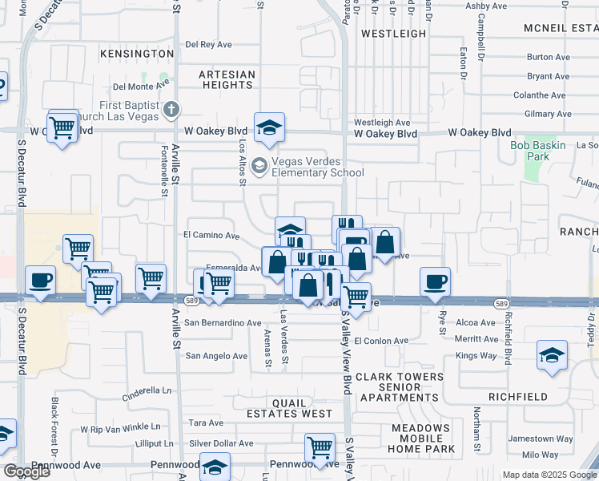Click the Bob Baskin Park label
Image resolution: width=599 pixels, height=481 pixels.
click(538, 151)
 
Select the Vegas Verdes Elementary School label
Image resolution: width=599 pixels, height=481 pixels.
click(318, 166)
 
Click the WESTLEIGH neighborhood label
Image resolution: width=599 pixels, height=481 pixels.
click(393, 34)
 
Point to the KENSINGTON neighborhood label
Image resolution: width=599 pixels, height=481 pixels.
click(137, 54)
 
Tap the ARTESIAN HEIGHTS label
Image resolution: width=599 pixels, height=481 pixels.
click(227, 79)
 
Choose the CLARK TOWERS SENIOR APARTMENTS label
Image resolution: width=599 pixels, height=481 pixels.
click(400, 386)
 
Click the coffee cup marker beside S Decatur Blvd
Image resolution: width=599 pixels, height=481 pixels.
click(40, 280)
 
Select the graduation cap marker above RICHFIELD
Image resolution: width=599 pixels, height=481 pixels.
click(552, 354)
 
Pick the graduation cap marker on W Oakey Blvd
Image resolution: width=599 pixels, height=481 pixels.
click(270, 127)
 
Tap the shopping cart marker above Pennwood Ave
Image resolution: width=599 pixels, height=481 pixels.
click(320, 447)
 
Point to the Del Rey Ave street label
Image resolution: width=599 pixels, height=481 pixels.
click(208, 45)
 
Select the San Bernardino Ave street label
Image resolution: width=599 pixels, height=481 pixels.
click(223, 323)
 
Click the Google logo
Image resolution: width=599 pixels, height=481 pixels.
click(26, 471)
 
